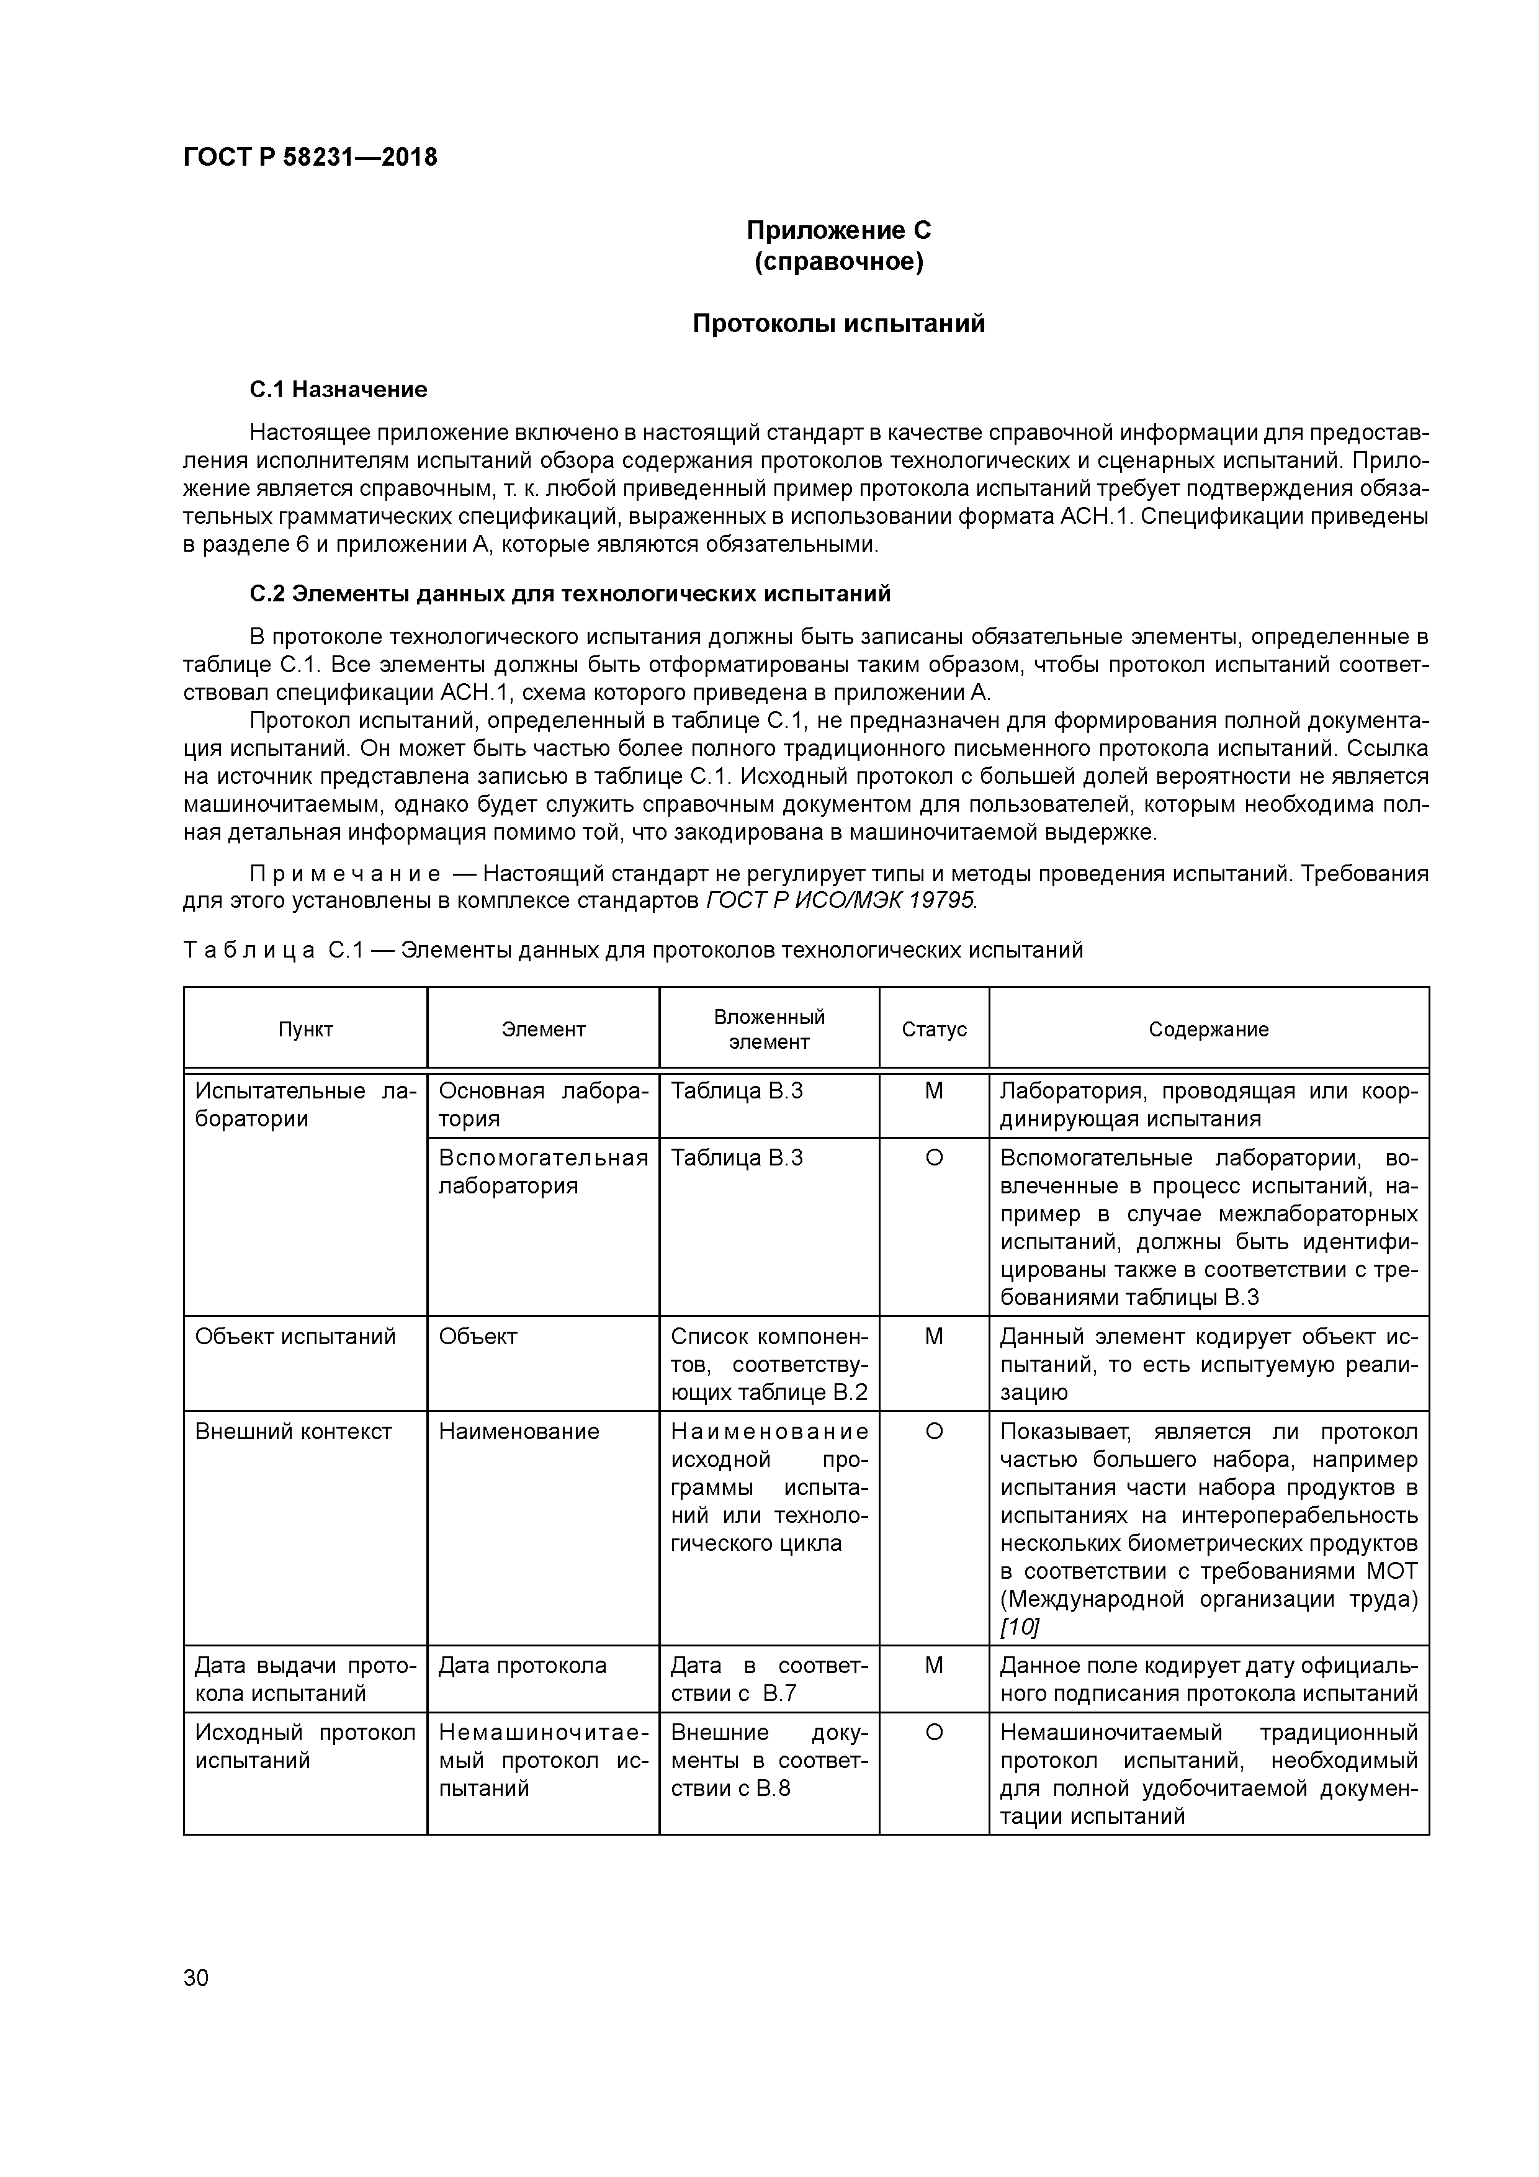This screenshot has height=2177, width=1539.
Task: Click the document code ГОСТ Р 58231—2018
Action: (x=310, y=158)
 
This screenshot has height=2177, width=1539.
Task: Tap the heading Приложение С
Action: (x=838, y=230)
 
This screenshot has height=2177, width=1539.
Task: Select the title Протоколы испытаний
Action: (x=838, y=325)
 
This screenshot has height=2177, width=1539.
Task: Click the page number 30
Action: (x=195, y=1978)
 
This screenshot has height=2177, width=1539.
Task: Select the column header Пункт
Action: (x=305, y=1030)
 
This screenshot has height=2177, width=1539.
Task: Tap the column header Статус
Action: (x=933, y=1030)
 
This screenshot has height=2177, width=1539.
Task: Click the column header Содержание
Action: (x=1208, y=1030)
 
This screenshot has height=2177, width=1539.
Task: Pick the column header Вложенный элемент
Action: (x=768, y=1030)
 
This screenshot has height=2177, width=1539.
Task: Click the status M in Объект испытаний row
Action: (x=933, y=1337)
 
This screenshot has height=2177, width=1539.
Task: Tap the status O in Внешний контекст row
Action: (x=933, y=1432)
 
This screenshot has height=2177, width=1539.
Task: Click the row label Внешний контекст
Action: (x=293, y=1432)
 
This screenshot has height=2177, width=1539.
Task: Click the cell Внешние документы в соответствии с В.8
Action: (x=768, y=1761)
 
